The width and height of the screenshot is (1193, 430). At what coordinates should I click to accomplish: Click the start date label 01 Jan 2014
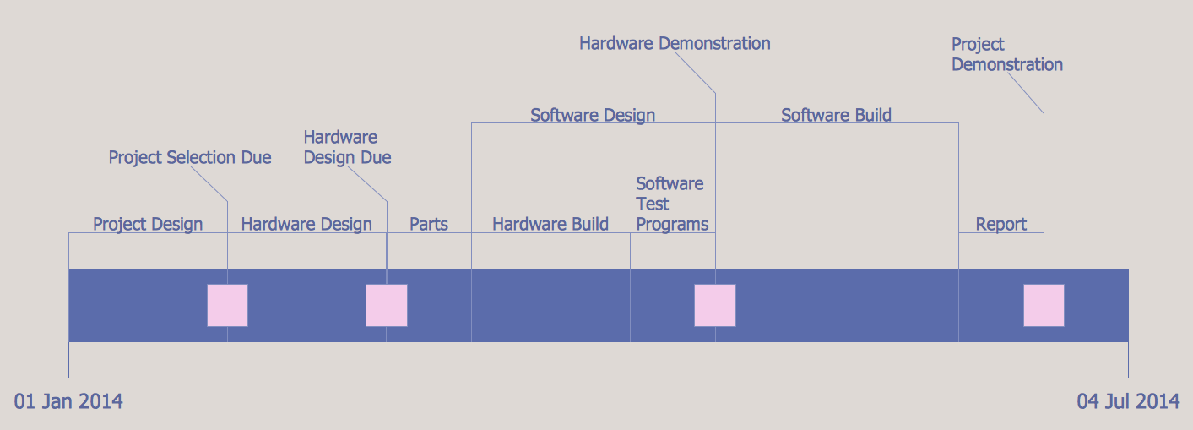point(69,401)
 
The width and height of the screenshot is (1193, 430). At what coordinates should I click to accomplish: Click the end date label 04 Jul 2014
point(1128,401)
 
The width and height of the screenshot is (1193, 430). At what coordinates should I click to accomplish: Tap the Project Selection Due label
point(190,158)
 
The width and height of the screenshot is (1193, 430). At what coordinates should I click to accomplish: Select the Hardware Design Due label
point(347,147)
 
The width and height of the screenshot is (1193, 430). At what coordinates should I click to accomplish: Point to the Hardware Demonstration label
point(675,43)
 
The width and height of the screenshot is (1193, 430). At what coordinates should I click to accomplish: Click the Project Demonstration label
point(1006,54)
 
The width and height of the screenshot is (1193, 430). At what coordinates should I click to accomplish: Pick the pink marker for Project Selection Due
point(227,305)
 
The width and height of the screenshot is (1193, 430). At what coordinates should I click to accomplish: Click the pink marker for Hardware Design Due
point(387,305)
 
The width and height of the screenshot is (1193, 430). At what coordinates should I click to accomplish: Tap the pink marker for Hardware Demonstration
point(715,305)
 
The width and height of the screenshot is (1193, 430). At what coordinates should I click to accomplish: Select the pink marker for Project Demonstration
point(1044,305)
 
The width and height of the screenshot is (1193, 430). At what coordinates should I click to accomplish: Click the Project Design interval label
point(148,224)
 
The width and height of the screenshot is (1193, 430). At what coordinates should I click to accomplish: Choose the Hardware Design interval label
point(306,224)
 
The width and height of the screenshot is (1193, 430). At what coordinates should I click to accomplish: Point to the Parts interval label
point(429,224)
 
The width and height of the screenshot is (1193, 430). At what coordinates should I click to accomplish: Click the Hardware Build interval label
point(550,224)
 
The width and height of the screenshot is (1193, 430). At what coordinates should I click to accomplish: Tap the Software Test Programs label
point(671,204)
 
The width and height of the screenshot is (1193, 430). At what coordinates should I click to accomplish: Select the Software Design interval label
point(593,115)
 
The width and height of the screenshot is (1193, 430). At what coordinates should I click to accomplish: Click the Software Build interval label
point(836,115)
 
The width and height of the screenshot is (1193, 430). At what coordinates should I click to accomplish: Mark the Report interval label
point(1001,224)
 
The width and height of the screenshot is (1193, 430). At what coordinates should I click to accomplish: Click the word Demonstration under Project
point(1007,64)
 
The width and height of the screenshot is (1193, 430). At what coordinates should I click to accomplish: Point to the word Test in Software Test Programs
point(653,204)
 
